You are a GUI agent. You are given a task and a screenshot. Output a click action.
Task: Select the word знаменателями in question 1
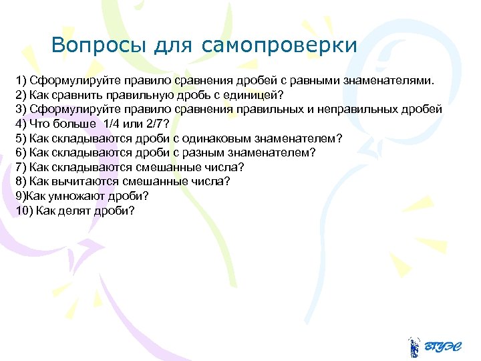pos(388,81)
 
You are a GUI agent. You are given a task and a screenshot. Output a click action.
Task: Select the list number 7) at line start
pos(21,167)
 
